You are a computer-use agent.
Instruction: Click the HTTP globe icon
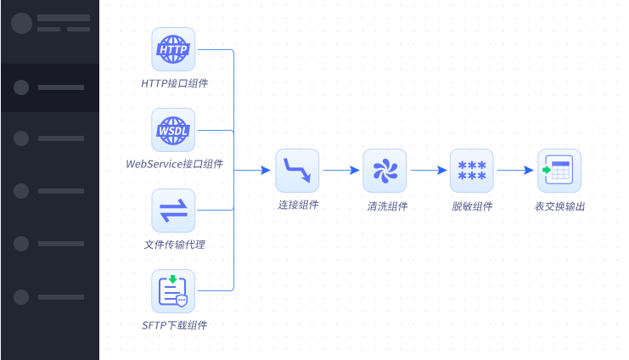click(173, 49)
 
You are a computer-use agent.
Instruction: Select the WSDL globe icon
click(173, 130)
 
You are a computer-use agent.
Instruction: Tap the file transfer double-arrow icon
click(173, 211)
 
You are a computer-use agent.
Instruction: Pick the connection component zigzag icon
click(297, 171)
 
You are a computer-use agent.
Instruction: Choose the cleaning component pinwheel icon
click(385, 171)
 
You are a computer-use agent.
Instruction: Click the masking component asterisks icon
click(471, 171)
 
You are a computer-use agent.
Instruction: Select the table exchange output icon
click(559, 171)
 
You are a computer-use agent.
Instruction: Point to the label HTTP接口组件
click(174, 83)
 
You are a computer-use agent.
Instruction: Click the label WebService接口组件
click(174, 164)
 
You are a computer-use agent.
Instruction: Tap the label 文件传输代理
click(174, 245)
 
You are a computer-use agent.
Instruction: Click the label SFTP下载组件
click(174, 325)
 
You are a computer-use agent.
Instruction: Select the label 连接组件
click(298, 205)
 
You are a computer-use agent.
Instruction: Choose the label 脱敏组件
click(472, 205)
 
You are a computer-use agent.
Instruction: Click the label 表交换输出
click(560, 205)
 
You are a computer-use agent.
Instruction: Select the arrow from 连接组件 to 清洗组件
click(341, 171)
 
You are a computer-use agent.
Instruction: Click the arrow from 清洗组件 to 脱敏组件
click(429, 171)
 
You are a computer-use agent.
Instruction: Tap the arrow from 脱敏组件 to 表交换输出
click(515, 171)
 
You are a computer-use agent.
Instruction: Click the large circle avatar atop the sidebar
click(22, 23)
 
